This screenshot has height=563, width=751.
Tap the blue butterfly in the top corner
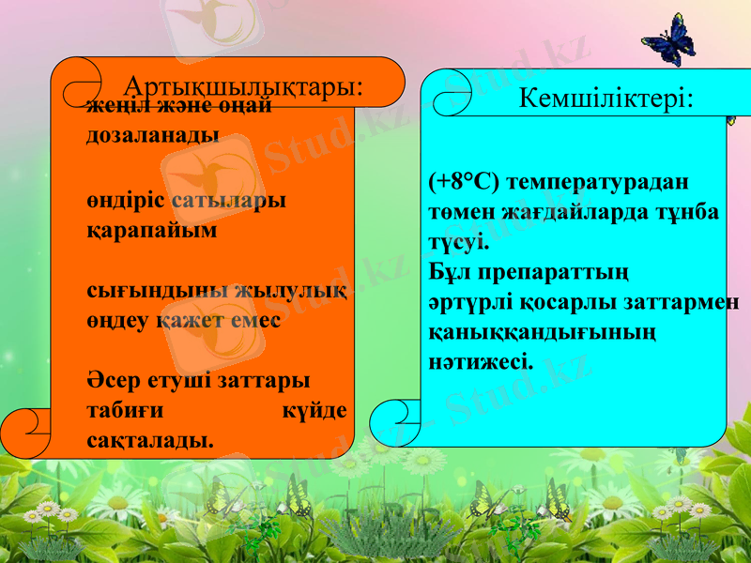click(x=668, y=39)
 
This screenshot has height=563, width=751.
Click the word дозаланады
click(x=153, y=134)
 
